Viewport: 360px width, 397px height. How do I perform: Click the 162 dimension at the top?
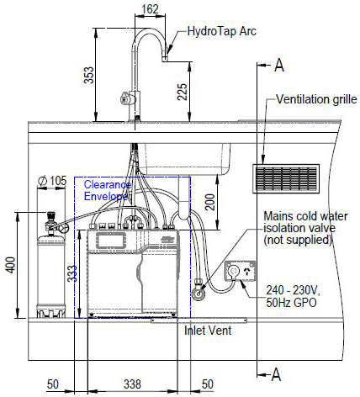(149, 9)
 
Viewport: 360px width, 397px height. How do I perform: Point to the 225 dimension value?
(183, 91)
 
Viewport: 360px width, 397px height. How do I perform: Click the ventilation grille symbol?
(286, 177)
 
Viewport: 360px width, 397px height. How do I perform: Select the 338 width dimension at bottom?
(133, 384)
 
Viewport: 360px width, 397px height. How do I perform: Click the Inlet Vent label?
(208, 330)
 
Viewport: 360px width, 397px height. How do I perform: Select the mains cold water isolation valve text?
(299, 228)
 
